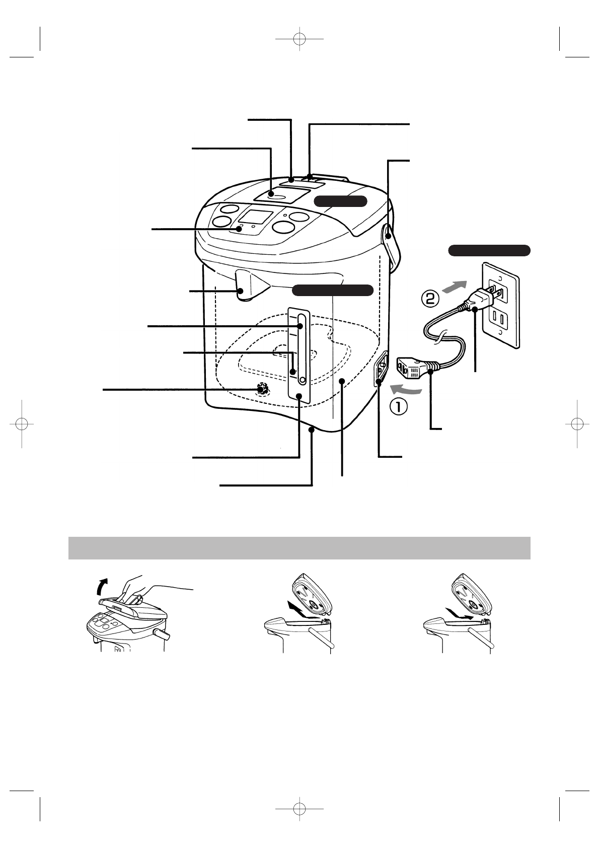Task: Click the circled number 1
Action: [398, 406]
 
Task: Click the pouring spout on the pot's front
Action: [250, 286]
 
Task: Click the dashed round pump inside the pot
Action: [262, 389]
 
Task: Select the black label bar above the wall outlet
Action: [489, 250]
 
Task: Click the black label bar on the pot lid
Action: [341, 201]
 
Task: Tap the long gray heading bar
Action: [299, 548]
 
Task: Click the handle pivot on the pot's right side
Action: [388, 234]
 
